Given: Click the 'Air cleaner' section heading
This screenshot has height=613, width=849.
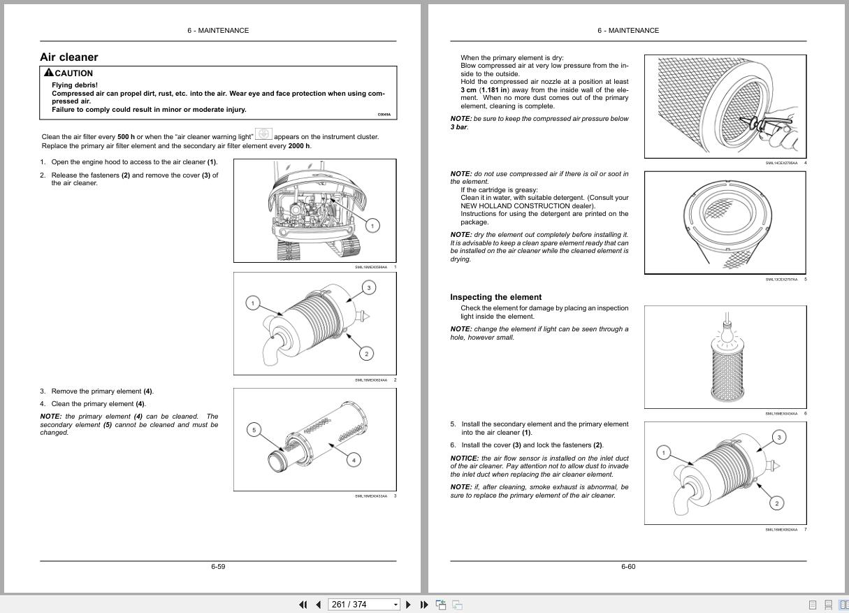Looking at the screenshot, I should click(x=68, y=57).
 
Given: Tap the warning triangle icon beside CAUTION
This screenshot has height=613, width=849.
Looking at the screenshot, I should click(x=48, y=73).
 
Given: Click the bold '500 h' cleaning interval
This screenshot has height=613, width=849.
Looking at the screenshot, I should click(x=126, y=137).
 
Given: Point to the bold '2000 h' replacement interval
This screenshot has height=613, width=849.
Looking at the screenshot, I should click(x=299, y=146).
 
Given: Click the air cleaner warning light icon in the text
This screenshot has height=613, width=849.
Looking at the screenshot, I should click(x=263, y=134).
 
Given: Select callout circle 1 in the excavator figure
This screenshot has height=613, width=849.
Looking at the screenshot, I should click(x=372, y=225).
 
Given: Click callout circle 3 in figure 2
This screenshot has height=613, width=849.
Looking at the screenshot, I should click(x=369, y=287).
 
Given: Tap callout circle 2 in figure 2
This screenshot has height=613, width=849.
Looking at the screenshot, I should click(x=367, y=354).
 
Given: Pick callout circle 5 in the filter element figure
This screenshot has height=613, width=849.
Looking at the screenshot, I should click(x=254, y=430).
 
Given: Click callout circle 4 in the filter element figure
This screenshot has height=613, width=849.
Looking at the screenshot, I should click(x=354, y=460).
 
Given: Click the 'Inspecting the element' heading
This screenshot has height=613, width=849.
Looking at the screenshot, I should click(x=495, y=297).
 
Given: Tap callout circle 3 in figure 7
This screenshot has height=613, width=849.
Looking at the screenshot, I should click(x=778, y=437).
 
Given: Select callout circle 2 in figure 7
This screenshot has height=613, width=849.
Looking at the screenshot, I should click(x=776, y=503).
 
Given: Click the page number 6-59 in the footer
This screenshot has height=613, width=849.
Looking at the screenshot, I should click(x=218, y=566).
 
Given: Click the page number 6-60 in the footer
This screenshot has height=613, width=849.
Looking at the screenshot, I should click(x=628, y=566).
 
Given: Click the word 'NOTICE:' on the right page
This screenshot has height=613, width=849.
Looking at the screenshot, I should click(x=465, y=459).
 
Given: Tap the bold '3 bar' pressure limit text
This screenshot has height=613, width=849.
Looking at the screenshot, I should click(x=458, y=127).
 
